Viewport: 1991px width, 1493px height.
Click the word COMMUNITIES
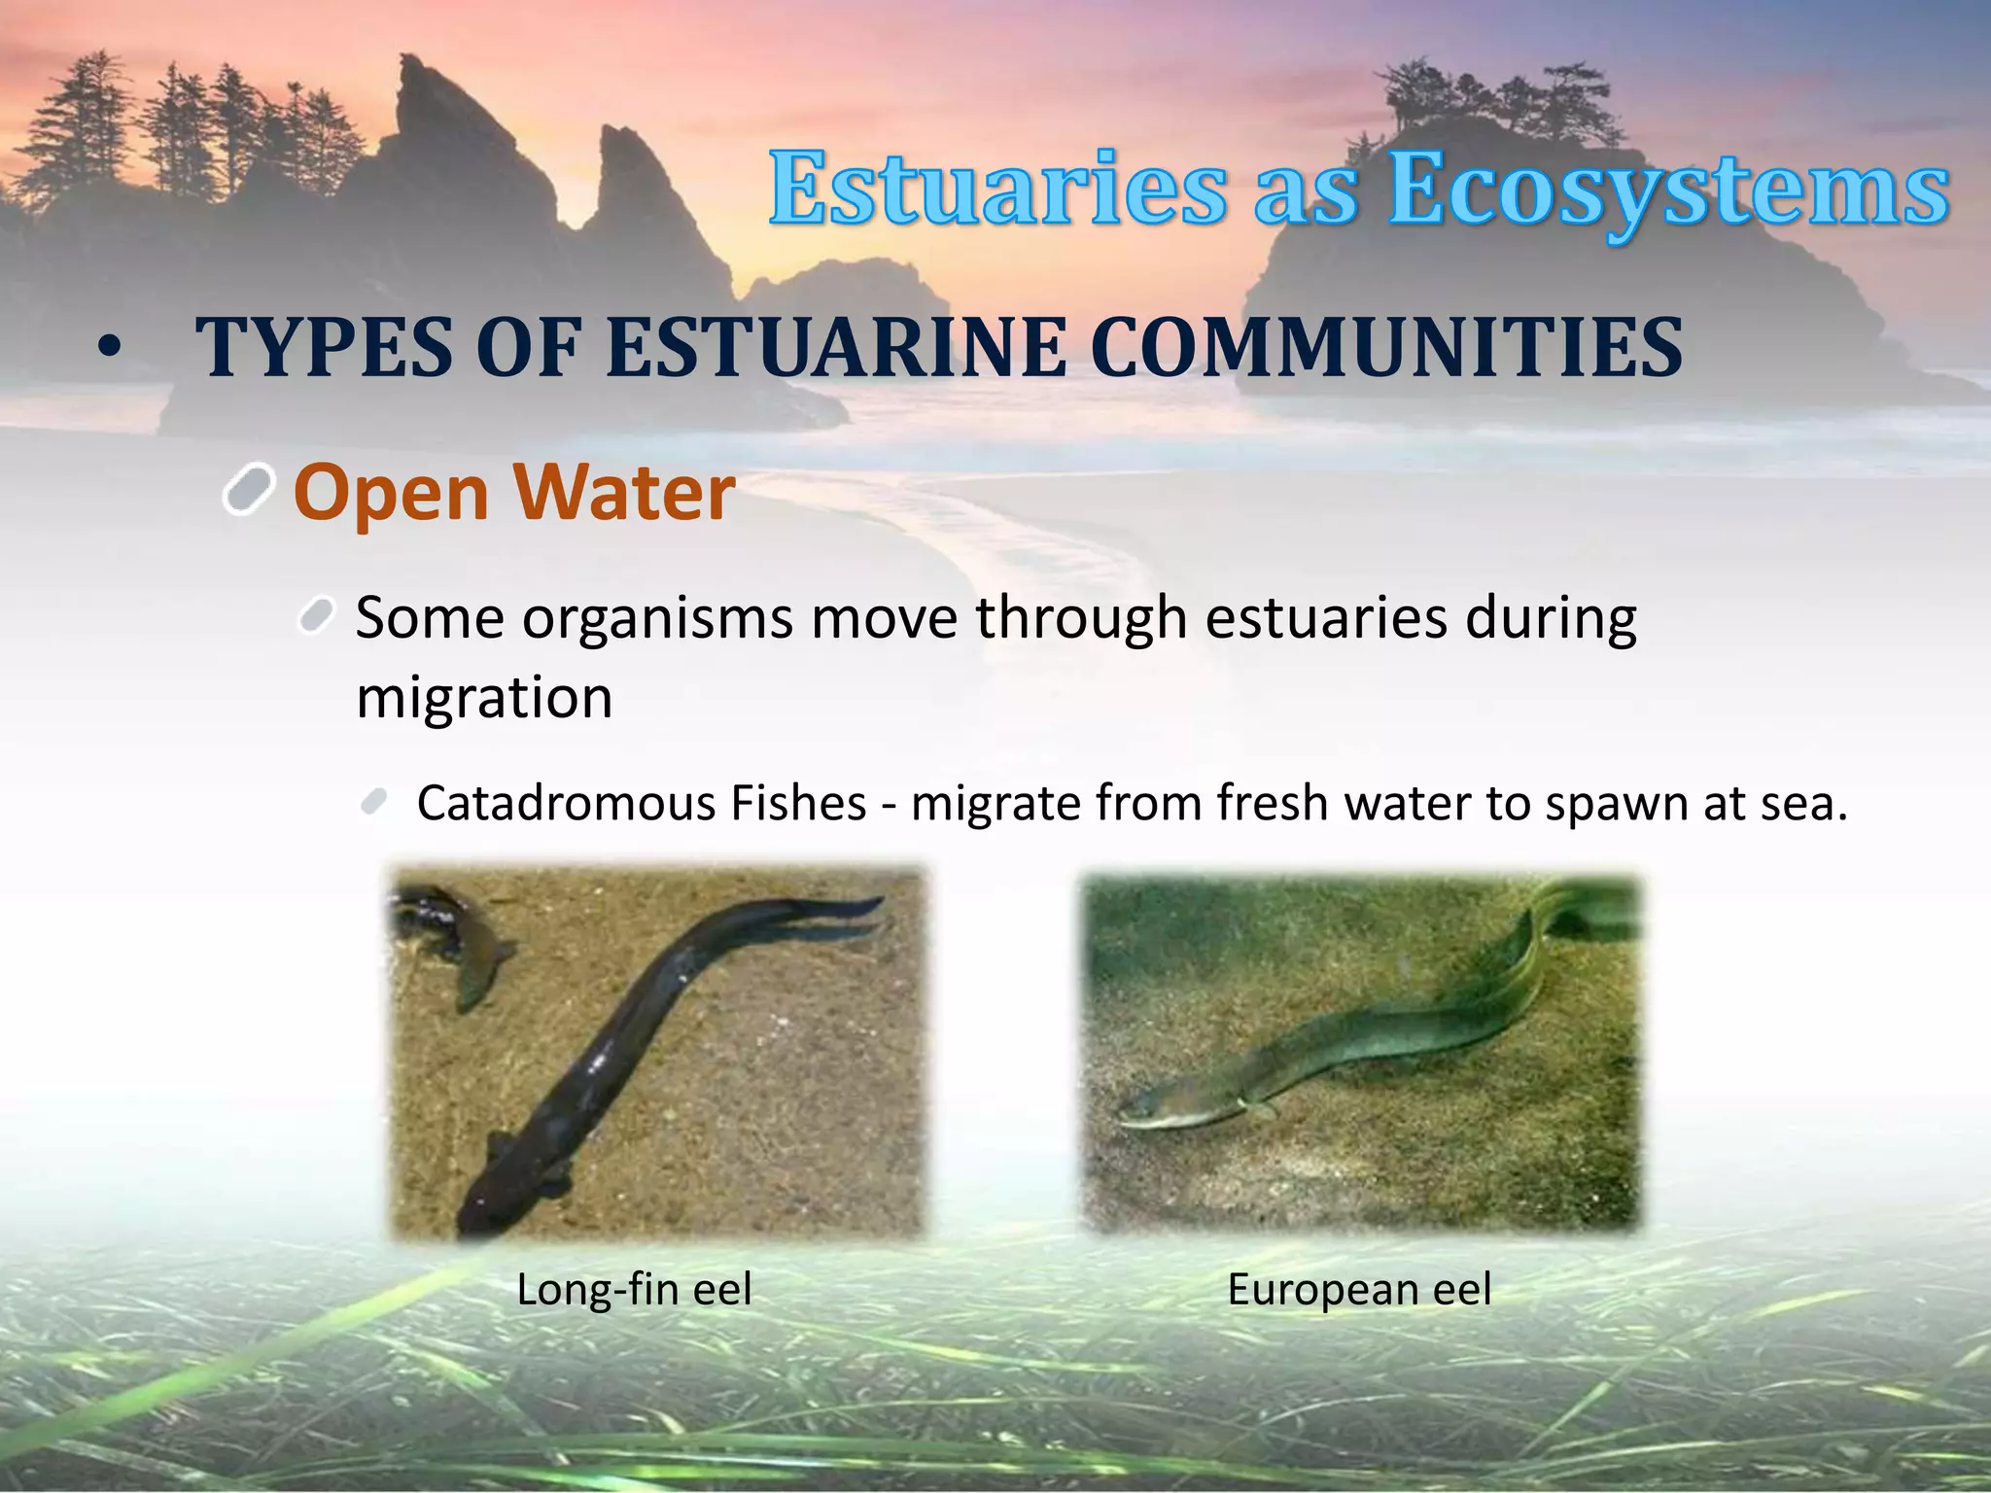(x=1385, y=347)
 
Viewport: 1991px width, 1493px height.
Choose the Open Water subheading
(x=513, y=493)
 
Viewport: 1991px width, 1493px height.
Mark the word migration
(x=484, y=697)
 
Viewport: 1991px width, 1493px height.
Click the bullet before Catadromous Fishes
(x=373, y=802)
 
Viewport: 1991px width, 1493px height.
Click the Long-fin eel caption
(x=634, y=1290)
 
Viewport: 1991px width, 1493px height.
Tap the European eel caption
(x=1358, y=1290)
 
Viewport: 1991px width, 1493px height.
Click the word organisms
(x=656, y=618)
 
